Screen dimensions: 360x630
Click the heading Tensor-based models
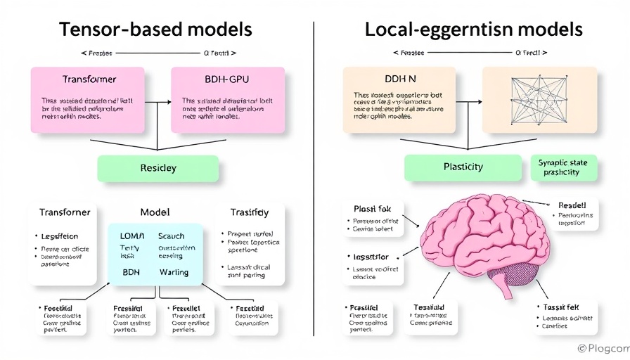(x=156, y=30)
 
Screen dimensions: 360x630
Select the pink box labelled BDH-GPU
(x=228, y=99)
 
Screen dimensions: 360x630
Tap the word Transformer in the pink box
(x=89, y=79)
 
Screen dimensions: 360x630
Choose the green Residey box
(x=157, y=169)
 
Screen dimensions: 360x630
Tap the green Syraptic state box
(x=562, y=167)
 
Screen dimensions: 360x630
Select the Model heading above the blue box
(x=155, y=212)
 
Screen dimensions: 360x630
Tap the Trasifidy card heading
(x=250, y=212)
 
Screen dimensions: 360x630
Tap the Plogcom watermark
(x=602, y=348)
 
